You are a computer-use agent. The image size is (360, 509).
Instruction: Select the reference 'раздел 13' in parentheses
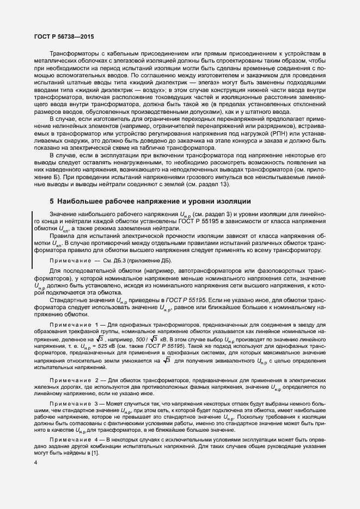point(216,186)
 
